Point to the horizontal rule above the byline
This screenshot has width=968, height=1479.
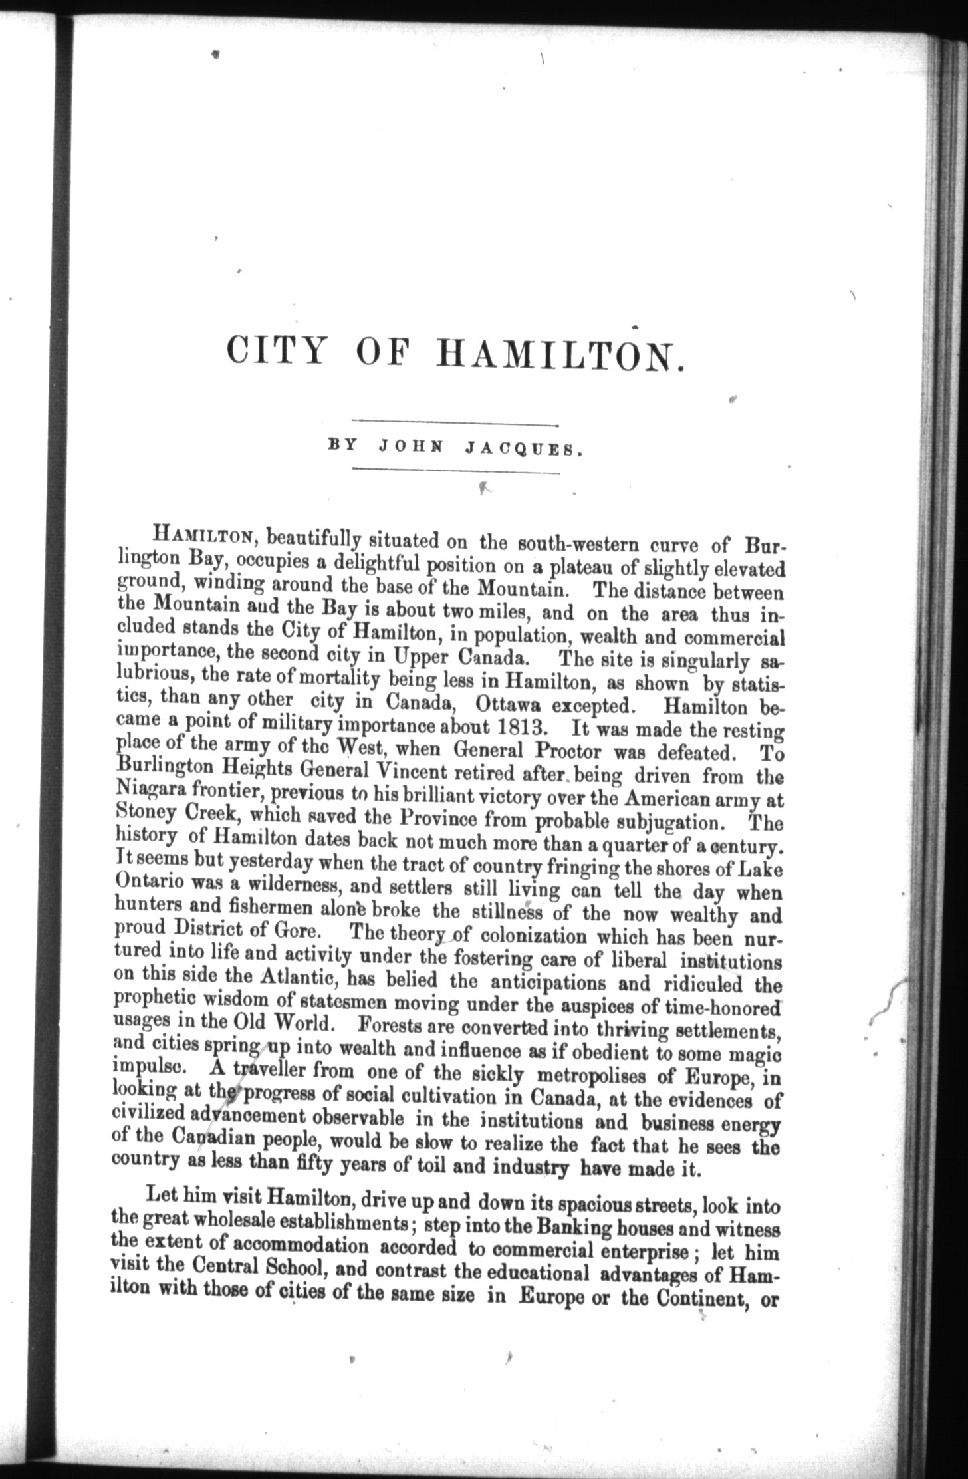[456, 424]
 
